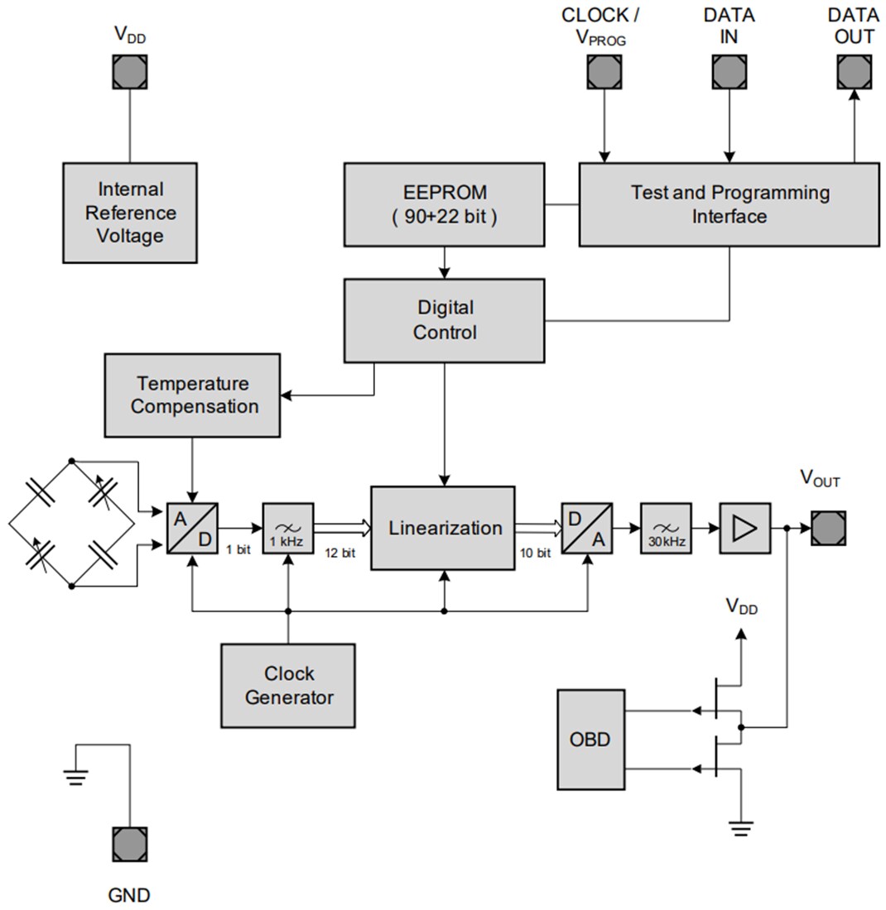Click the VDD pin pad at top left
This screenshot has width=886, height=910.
click(x=130, y=72)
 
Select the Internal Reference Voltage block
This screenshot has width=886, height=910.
click(x=130, y=213)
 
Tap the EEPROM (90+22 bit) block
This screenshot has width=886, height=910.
click(x=444, y=204)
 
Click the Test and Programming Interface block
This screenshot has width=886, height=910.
click(x=729, y=204)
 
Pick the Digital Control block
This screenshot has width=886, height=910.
click(x=444, y=320)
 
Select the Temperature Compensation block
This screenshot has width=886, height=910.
click(x=192, y=395)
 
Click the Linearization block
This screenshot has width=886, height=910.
click(x=443, y=528)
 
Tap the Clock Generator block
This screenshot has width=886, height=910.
click(x=288, y=686)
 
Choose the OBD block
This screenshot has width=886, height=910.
click(x=590, y=739)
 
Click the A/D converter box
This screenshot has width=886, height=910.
click(x=192, y=528)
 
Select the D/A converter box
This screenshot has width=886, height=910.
click(x=587, y=528)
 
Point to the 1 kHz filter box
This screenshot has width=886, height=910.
click(x=288, y=528)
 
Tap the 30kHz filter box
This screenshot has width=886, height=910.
click(x=666, y=528)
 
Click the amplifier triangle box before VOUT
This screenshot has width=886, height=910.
click(x=745, y=528)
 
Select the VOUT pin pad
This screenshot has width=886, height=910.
click(x=828, y=528)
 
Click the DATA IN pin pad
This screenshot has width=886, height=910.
click(x=730, y=72)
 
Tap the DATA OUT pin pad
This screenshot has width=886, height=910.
click(x=854, y=72)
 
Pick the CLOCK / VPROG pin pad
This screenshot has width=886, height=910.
click(x=604, y=72)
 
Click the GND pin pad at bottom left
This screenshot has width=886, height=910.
click(x=130, y=844)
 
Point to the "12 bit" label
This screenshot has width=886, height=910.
click(x=340, y=553)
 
